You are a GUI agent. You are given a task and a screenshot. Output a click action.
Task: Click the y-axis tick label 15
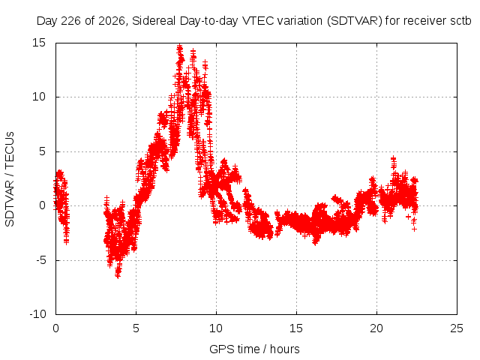tap(39, 43)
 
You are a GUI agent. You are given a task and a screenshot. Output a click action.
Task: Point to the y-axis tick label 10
tap(39, 97)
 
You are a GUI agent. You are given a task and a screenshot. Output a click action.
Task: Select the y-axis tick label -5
tap(40, 260)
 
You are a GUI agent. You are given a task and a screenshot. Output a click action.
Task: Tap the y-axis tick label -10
tap(38, 314)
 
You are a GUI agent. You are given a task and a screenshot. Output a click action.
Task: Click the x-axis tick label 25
tap(457, 328)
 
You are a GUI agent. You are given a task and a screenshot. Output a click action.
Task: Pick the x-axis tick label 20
tap(376, 328)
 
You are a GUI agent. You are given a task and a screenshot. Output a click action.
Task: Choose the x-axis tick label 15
tap(296, 328)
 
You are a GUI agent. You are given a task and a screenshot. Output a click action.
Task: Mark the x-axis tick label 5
tap(136, 328)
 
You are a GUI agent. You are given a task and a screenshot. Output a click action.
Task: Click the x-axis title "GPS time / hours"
tap(254, 349)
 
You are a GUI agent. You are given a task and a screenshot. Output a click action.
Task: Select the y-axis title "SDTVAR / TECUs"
tap(10, 179)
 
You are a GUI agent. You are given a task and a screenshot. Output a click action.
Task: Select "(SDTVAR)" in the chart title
tap(355, 21)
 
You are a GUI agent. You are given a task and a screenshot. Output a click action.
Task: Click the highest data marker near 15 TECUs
tap(180, 46)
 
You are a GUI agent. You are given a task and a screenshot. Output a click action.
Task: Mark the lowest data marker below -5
tap(118, 275)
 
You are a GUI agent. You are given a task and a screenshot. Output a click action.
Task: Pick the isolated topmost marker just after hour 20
tap(393, 158)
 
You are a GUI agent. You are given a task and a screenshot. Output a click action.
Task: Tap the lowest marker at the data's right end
tap(414, 229)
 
